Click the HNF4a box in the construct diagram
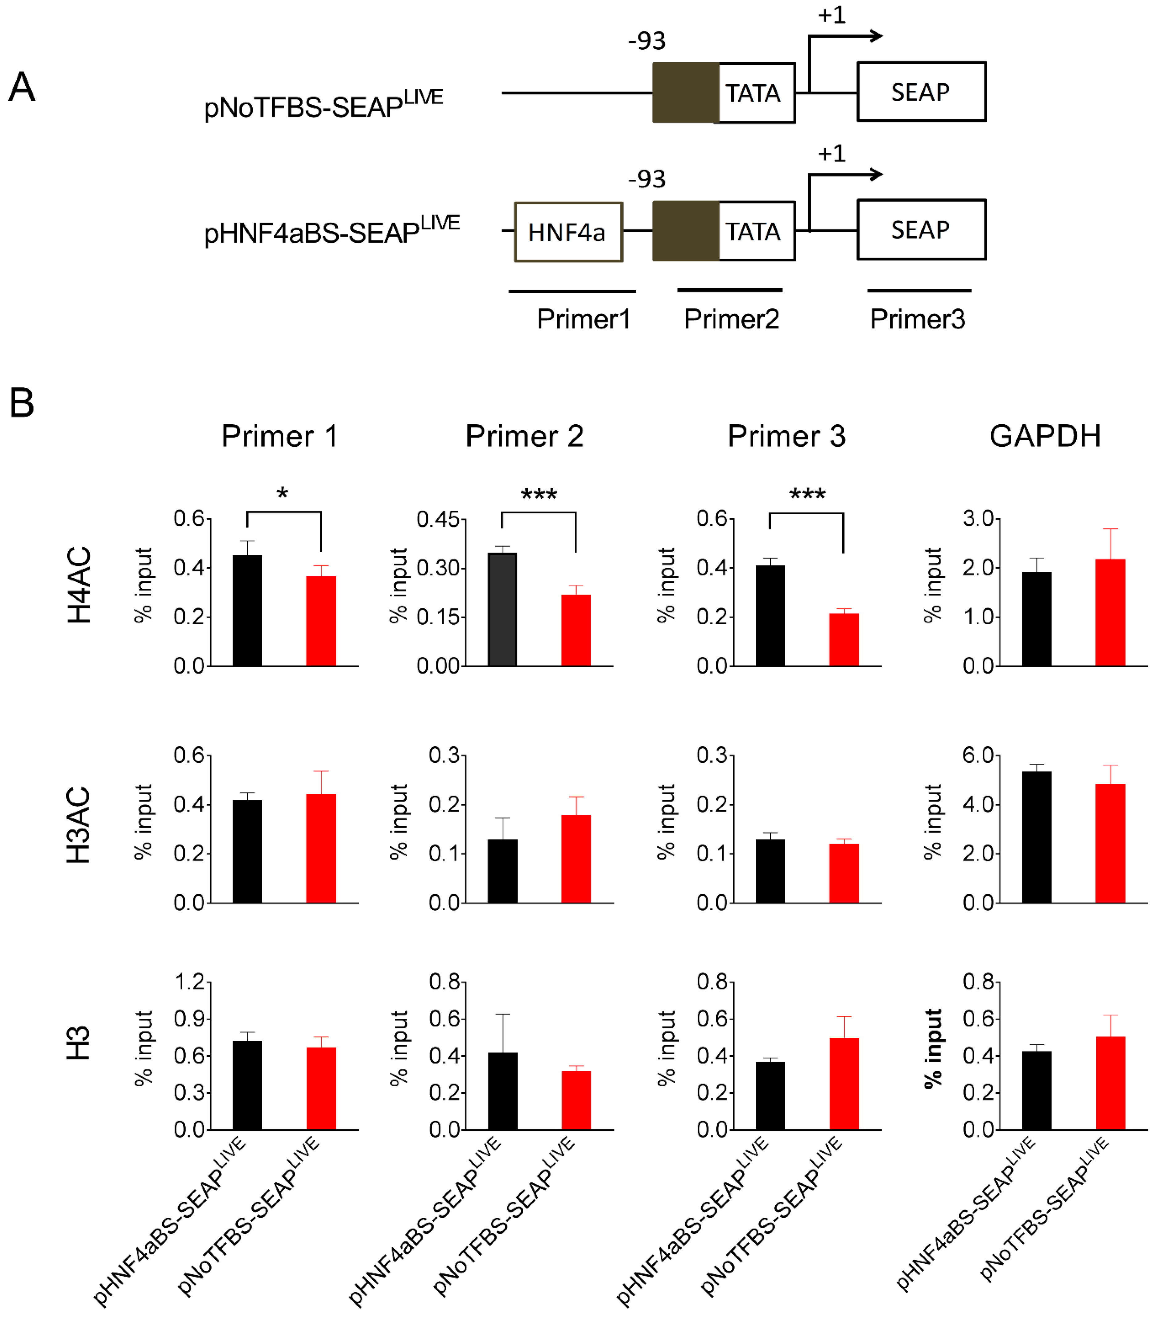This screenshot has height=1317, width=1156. (x=568, y=232)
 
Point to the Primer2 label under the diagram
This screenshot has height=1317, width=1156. (x=731, y=319)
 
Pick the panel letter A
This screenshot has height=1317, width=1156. (x=22, y=87)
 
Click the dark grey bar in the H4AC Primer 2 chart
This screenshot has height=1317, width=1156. (x=502, y=609)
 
